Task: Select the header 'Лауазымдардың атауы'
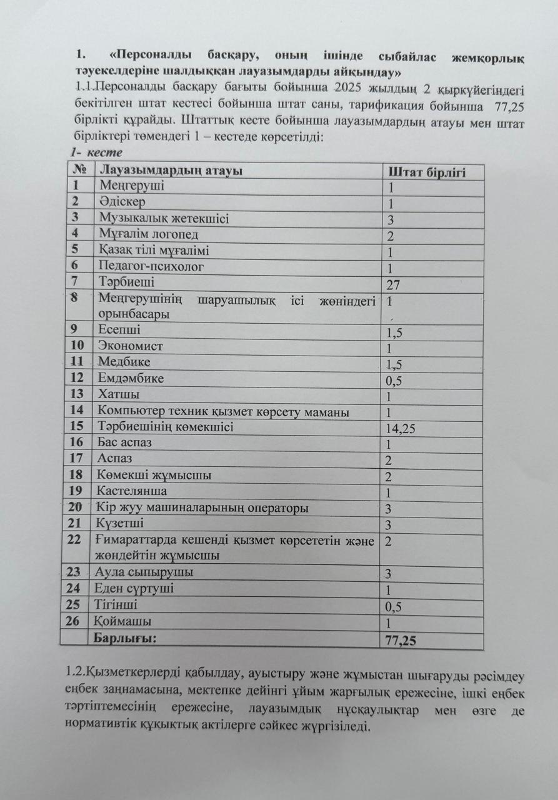point(171,170)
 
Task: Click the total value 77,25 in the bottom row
point(401,641)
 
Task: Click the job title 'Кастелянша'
point(132,491)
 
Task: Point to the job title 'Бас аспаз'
point(125,443)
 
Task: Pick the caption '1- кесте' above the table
point(96,152)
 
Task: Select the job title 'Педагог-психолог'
point(151,267)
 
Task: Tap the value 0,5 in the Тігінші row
point(394,607)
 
